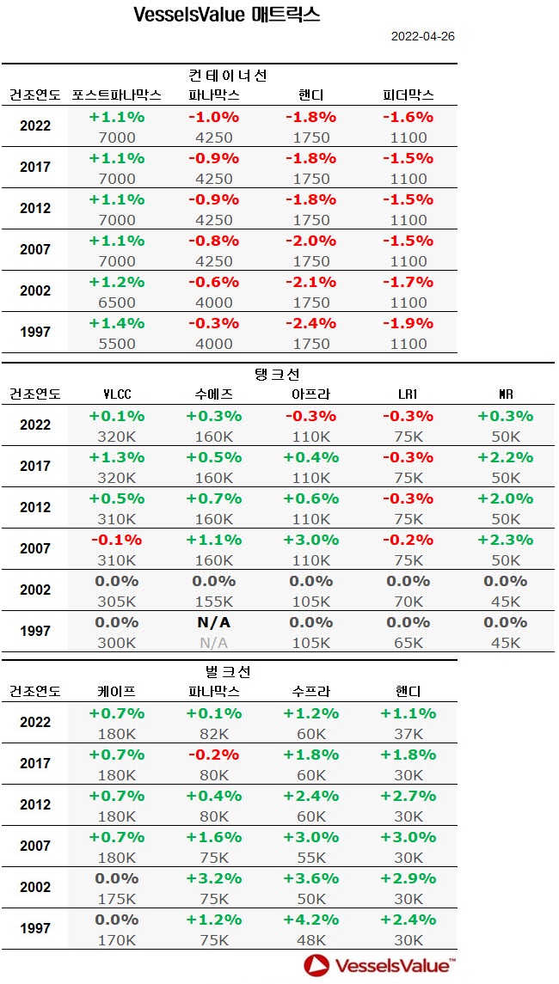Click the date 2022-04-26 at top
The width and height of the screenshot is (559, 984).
click(422, 36)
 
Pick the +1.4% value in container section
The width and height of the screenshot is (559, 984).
click(117, 323)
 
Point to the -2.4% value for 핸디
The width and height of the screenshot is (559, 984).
click(310, 323)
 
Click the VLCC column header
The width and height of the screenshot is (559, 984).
click(117, 394)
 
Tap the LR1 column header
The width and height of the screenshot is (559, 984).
click(408, 394)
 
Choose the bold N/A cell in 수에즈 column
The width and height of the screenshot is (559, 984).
click(214, 622)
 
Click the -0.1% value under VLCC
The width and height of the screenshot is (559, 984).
click(117, 540)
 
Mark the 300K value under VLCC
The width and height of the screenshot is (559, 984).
click(117, 642)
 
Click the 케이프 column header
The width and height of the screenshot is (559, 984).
click(117, 691)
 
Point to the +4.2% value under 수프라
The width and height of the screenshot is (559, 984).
click(310, 920)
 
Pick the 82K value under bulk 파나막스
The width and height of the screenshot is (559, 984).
click(214, 733)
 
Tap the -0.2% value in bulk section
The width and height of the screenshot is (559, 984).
click(214, 755)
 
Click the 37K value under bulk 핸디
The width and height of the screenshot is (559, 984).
click(408, 733)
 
